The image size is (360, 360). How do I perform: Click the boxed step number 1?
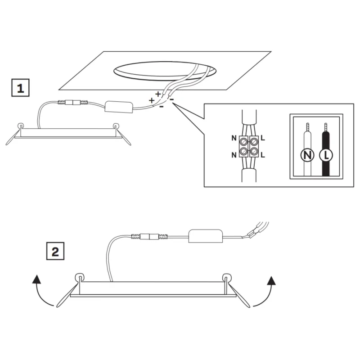20,88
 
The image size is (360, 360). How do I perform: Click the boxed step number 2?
55,251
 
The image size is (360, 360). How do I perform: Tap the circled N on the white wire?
307,155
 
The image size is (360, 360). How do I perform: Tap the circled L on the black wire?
326,155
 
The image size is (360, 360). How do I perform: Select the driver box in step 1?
119,107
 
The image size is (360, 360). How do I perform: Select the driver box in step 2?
206,236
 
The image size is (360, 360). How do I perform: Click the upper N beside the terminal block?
234,138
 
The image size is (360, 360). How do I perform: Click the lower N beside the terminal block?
234,155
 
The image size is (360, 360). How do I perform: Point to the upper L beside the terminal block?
263,138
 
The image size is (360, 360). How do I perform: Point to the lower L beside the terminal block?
263,155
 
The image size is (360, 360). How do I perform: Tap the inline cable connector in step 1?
73,102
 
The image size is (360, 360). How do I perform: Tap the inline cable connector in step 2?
149,237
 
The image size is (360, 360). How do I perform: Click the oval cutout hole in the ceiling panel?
165,71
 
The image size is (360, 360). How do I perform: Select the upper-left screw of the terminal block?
243,142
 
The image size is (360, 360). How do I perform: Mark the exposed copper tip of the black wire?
325,127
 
